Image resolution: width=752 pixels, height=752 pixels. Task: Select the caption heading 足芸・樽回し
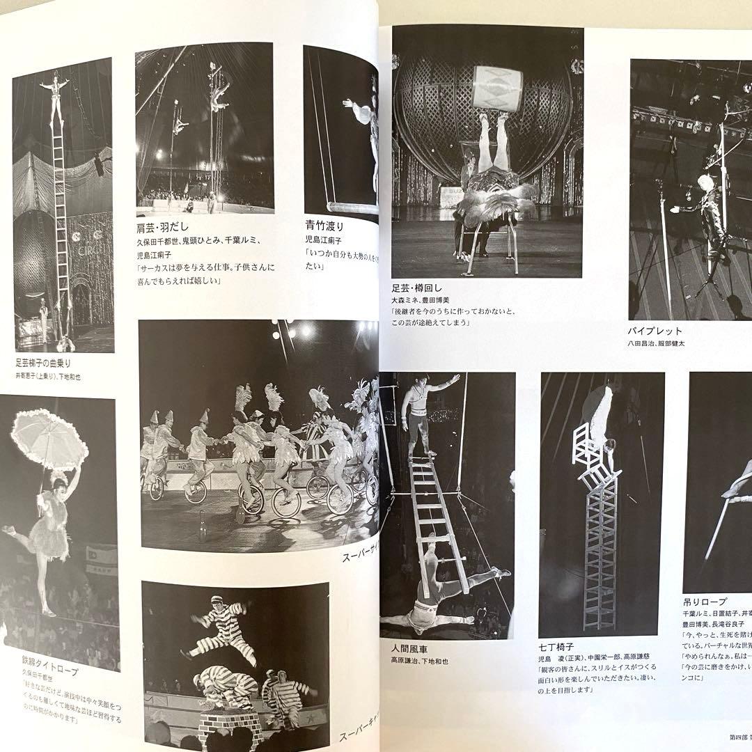point(416,288)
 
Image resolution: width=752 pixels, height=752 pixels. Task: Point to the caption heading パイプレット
point(655,331)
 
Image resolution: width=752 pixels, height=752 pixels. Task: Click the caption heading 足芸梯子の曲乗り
point(43,363)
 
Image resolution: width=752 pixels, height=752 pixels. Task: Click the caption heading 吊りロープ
point(704,601)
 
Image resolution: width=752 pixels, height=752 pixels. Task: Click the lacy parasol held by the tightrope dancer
point(49,439)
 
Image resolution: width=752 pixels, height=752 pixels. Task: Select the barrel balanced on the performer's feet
point(497,88)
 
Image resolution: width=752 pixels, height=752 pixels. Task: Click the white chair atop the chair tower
point(588,449)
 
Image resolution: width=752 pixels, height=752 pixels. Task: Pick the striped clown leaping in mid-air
point(219,626)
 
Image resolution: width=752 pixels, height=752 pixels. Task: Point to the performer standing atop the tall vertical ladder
point(55,97)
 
